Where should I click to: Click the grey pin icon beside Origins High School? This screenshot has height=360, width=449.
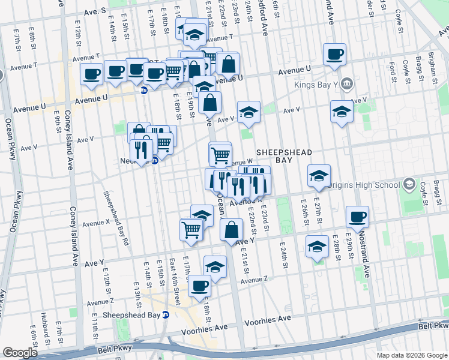coord(410,183)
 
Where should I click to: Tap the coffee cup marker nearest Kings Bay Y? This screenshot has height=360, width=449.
coord(334,55)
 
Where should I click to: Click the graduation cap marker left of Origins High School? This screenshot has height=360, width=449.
coord(319,176)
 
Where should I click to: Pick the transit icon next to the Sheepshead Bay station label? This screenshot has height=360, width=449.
coord(167,314)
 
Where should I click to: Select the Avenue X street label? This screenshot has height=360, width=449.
coord(96,223)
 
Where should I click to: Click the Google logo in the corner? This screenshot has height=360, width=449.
coord(20,352)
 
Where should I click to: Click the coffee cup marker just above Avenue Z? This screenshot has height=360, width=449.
coord(200,286)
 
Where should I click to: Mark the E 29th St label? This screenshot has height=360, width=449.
coord(352,251)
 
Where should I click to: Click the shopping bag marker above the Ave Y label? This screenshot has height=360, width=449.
coord(231,230)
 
